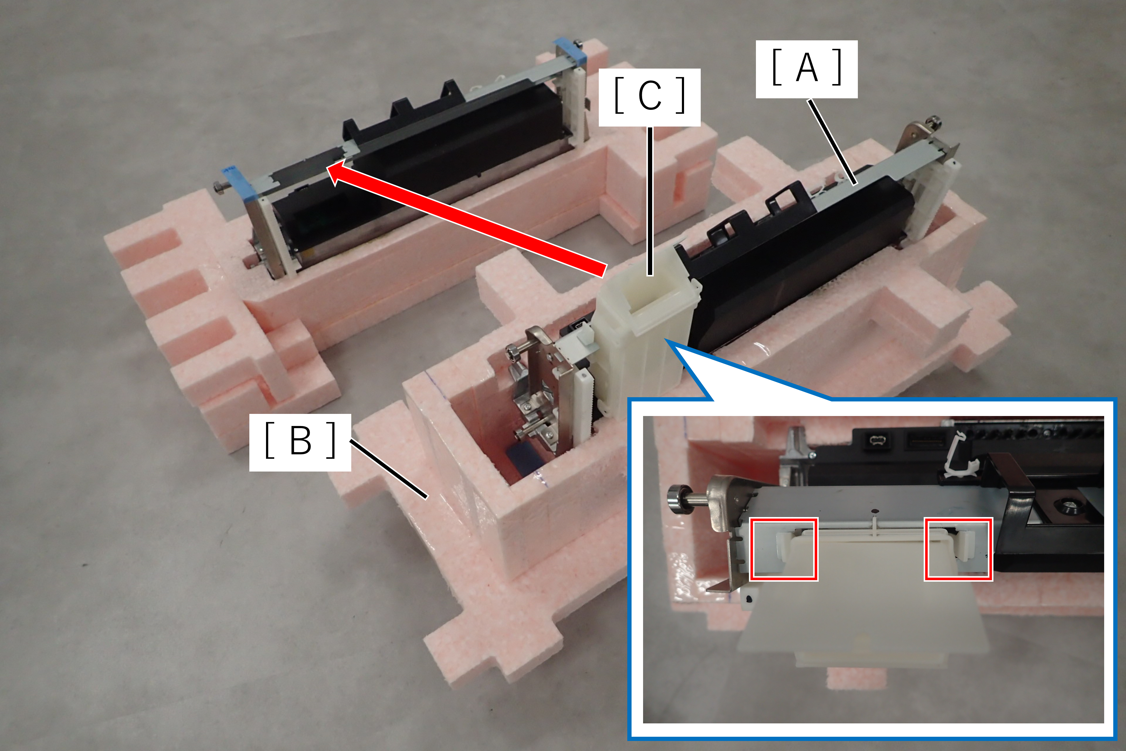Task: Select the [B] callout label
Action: pyautogui.click(x=300, y=442)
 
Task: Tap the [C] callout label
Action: pyautogui.click(x=650, y=97)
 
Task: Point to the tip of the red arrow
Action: pyautogui.click(x=327, y=167)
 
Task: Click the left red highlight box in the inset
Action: pyautogui.click(x=784, y=549)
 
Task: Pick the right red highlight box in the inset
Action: pyautogui.click(x=959, y=549)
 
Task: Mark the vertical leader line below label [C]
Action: pyautogui.click(x=650, y=201)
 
